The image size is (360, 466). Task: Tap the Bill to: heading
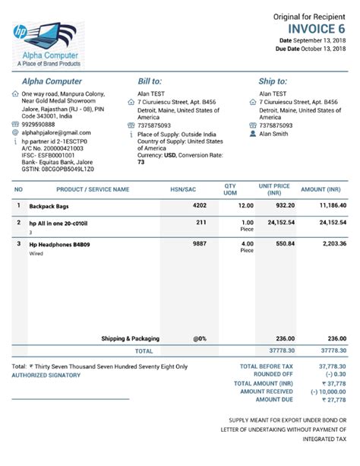pyautogui.click(x=150, y=81)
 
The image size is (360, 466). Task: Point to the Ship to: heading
pyautogui.click(x=273, y=81)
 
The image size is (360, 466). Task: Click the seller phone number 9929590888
pyautogui.click(x=38, y=125)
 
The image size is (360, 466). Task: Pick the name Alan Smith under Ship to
pyautogui.click(x=274, y=134)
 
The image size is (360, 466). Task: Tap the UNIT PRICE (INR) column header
pyautogui.click(x=274, y=189)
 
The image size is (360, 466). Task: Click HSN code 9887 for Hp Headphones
pyautogui.click(x=199, y=245)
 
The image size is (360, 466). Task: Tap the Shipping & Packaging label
pyautogui.click(x=130, y=338)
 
